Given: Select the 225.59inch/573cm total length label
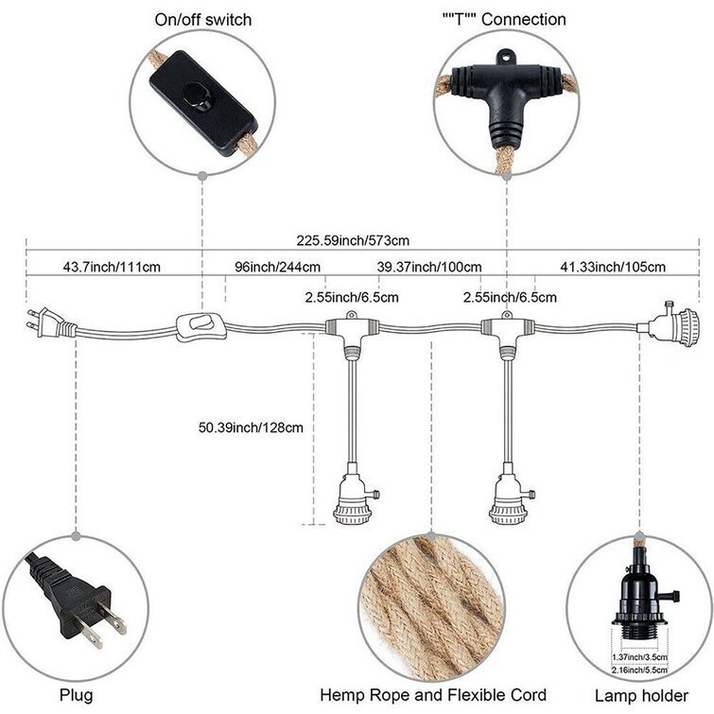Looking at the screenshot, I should click(352, 239).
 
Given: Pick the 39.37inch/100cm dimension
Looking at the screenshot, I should click(428, 267).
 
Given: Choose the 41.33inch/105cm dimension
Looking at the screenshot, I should click(613, 267).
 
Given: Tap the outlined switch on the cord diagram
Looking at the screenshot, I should click(199, 326).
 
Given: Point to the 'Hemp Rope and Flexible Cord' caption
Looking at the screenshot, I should click(430, 695).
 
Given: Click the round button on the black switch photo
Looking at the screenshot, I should click(199, 95).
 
